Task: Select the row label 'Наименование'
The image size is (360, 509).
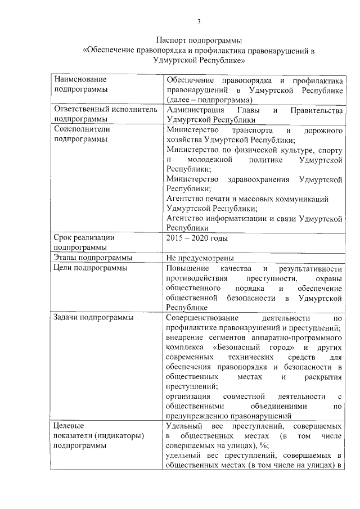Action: pyautogui.click(x=80, y=80)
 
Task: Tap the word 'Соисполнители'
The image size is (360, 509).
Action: pyautogui.click(x=82, y=130)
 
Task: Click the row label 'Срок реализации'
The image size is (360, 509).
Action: pyautogui.click(x=84, y=237)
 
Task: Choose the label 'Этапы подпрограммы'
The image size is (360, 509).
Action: pyautogui.click(x=93, y=258)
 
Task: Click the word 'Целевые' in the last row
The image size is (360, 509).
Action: pyautogui.click(x=67, y=426)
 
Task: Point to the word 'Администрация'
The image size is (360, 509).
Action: pyautogui.click(x=195, y=110)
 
